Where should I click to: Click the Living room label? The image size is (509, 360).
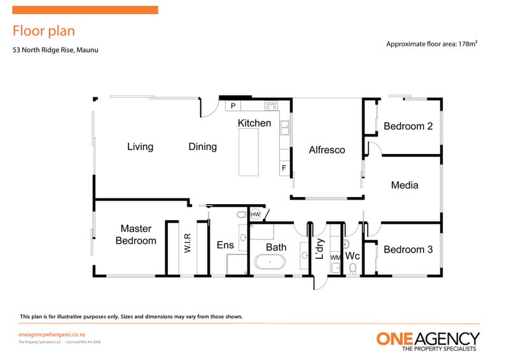click(x=140, y=147)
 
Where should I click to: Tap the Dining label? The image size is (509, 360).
click(x=202, y=147)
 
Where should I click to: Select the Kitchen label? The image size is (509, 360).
click(x=254, y=123)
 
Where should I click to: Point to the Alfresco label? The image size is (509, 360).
click(x=326, y=150)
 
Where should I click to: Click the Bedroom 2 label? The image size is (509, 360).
click(x=408, y=127)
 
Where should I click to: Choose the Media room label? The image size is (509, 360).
click(x=405, y=185)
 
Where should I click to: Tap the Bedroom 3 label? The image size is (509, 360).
click(x=408, y=249)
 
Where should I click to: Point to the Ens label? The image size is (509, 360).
click(x=225, y=246)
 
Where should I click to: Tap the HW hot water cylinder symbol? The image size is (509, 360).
click(x=255, y=215)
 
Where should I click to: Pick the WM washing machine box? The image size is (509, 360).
click(x=335, y=257)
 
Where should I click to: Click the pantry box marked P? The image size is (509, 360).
click(x=233, y=106)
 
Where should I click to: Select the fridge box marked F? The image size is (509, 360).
click(x=284, y=168)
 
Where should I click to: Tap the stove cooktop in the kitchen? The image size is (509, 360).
click(x=271, y=106)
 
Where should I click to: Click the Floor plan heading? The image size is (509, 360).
click(x=44, y=31)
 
